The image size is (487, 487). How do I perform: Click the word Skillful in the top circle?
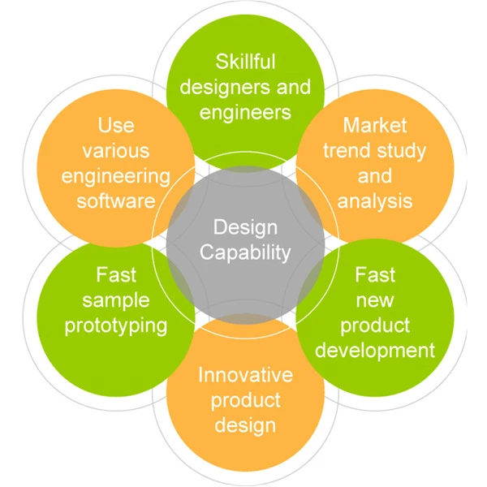coord(245,62)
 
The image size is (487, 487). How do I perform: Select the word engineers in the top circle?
coord(245,113)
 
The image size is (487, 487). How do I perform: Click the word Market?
coord(375,125)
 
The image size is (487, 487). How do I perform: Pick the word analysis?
coord(375,202)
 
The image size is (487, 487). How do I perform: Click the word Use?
coord(116,125)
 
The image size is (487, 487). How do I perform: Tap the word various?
coord(116,151)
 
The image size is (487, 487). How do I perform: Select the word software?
coord(116,201)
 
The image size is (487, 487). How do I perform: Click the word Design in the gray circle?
coord(245,228)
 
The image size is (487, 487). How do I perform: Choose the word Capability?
coord(245,253)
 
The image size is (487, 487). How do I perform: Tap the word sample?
coord(116,301)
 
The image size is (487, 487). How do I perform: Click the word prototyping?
coord(116,327)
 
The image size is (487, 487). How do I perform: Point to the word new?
coord(375,301)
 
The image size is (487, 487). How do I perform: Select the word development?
coord(375,351)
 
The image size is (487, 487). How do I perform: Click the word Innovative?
coord(245,374)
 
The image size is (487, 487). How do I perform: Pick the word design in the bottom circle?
coord(245,426)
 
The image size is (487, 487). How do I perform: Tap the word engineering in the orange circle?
coord(116,177)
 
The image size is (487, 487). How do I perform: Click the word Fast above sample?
coord(116,275)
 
